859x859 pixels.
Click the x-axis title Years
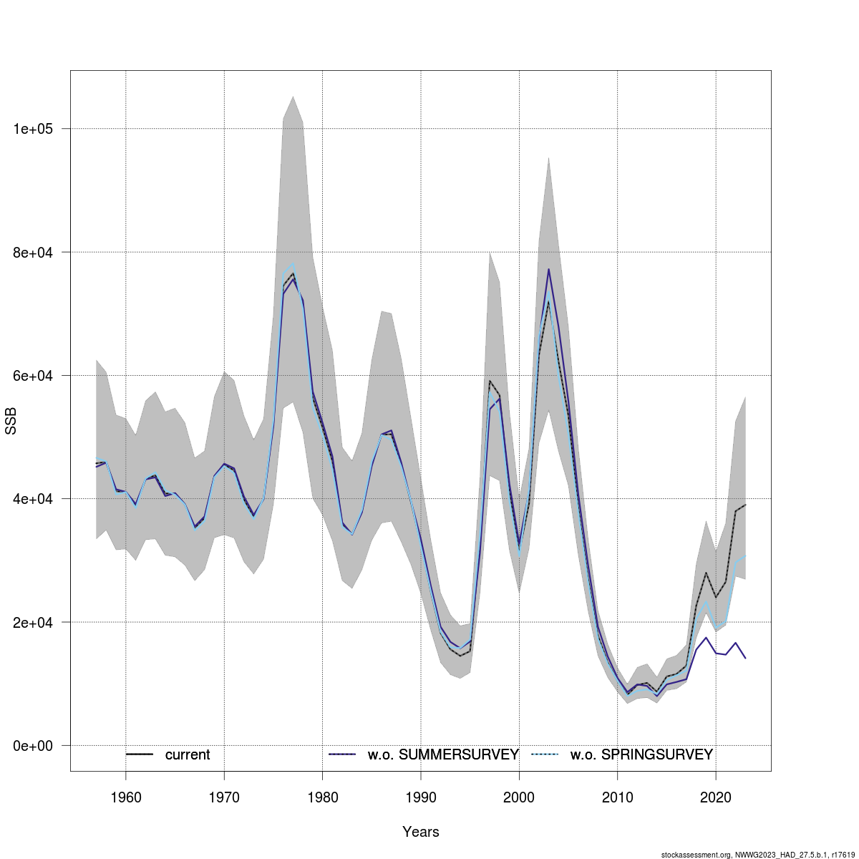[421, 832]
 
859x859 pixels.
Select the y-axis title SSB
[11, 421]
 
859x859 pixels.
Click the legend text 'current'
[188, 754]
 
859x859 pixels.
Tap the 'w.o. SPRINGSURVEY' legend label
[641, 754]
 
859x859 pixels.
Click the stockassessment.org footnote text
[758, 854]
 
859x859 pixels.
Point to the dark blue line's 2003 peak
[548, 269]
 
